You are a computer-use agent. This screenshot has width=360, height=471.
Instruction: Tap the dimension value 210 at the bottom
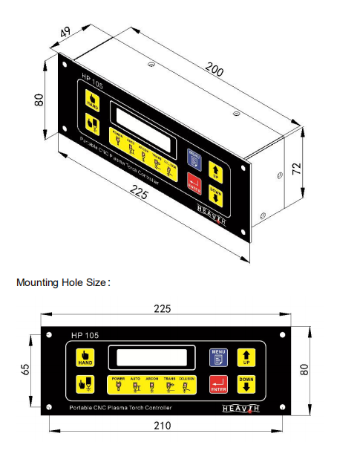[x=163, y=425]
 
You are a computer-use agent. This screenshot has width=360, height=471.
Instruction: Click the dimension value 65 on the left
[x=25, y=370]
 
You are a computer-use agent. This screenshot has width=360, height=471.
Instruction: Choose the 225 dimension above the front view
[x=162, y=308]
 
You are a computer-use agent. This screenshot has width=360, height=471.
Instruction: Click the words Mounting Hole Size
[x=62, y=282]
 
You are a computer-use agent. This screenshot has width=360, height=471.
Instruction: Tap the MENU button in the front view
[x=218, y=357]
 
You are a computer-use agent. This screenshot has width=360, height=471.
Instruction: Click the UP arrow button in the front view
[x=246, y=357]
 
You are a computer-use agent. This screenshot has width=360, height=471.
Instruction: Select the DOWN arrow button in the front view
[x=246, y=384]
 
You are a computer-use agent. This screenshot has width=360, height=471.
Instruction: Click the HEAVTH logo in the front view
[x=241, y=408]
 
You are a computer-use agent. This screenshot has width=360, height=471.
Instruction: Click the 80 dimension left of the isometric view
[x=39, y=99]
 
